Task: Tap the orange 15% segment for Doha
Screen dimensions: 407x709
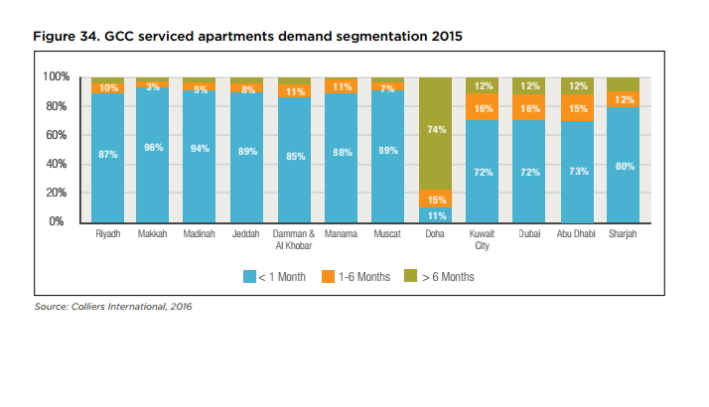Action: pyautogui.click(x=434, y=200)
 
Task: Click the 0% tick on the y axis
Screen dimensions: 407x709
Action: pyautogui.click(x=59, y=221)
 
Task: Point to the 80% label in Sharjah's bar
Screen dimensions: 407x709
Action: pyautogui.click(x=625, y=166)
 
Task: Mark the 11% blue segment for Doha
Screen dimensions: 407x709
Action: pyautogui.click(x=434, y=214)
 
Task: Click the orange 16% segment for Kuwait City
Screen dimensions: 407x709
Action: pyautogui.click(x=483, y=107)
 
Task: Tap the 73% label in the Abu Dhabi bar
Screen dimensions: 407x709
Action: pyautogui.click(x=577, y=171)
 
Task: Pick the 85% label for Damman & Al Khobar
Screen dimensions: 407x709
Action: pyautogui.click(x=295, y=156)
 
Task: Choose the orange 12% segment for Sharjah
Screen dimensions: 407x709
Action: pyautogui.click(x=625, y=98)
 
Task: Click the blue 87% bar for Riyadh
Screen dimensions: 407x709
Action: pyautogui.click(x=107, y=153)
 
